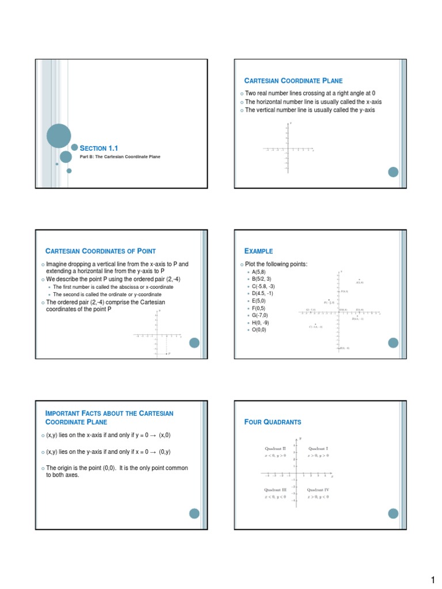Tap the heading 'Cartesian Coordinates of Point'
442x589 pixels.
[x=101, y=251]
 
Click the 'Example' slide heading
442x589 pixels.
[x=259, y=251]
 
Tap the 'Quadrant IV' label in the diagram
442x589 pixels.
[x=318, y=489]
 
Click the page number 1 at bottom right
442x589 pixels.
[x=433, y=578]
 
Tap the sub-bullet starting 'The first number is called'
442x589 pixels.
[x=113, y=286]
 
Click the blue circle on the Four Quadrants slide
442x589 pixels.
[x=393, y=514]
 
